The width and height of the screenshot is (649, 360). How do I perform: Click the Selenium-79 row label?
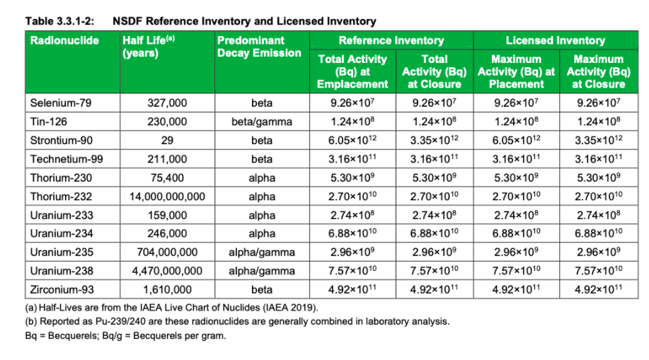pos(61,103)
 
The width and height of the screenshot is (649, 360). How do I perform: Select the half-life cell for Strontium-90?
pos(167,140)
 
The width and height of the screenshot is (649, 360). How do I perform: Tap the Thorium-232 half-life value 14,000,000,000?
pos(167,196)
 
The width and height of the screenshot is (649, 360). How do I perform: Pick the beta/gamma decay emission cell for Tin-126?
pos(262,122)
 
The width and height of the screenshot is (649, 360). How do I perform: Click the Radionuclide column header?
pos(64,41)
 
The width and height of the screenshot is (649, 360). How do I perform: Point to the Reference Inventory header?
pos(391,41)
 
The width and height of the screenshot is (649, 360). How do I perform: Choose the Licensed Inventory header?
pos(555,41)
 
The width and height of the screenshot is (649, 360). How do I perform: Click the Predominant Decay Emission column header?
pos(259,47)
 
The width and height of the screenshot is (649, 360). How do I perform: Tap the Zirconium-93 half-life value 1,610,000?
pos(167,289)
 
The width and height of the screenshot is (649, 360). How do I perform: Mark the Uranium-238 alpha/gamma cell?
pos(262,270)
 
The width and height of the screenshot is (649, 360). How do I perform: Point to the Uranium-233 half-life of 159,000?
pos(167,214)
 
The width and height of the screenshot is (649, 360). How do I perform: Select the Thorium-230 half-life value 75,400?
pos(167,178)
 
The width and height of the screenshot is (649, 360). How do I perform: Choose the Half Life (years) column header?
pos(149,47)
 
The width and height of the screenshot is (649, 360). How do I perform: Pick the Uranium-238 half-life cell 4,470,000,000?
pos(167,270)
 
